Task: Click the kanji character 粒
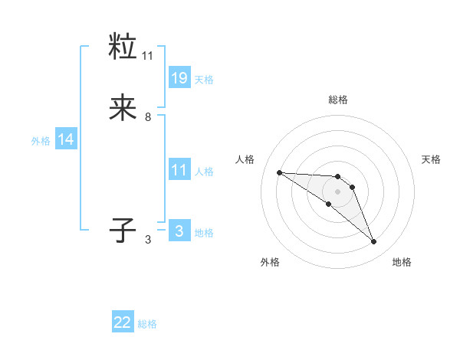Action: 123,47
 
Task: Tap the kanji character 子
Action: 123,229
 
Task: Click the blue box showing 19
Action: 179,77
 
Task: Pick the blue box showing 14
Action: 66,139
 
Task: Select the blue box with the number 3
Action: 179,231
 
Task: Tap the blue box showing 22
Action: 123,322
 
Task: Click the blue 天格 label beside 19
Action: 204,79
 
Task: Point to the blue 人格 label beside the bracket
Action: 204,171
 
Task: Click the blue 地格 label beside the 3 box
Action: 204,233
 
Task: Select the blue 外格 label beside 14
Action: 41,141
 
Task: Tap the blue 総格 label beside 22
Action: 147,324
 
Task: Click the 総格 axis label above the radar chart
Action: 338,100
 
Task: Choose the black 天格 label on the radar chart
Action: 432,159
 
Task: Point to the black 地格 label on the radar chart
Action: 402,262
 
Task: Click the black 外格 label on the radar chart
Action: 270,262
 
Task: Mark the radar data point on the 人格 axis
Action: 279,172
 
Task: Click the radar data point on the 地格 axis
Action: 373,242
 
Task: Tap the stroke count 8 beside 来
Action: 148,116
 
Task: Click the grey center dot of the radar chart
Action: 337,191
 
